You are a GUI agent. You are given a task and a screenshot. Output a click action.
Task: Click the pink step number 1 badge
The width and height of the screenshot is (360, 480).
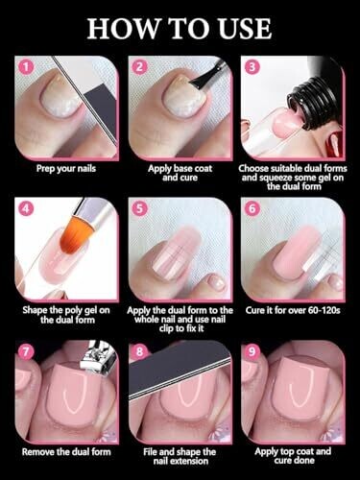(x=26, y=67)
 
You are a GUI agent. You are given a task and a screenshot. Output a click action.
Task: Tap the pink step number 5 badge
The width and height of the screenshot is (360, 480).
(x=139, y=208)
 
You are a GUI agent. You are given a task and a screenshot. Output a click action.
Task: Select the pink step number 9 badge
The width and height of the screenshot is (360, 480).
(x=252, y=351)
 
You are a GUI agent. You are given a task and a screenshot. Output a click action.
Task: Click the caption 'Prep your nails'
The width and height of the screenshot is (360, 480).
(x=66, y=168)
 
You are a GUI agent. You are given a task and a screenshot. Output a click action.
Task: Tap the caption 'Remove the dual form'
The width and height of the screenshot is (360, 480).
(x=66, y=452)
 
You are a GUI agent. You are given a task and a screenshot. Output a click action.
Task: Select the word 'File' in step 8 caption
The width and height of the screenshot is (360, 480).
(x=150, y=452)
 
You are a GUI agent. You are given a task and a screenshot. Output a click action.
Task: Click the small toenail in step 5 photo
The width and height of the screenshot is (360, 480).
(x=217, y=282)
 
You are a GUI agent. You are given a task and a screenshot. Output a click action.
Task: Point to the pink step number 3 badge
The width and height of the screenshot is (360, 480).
(x=252, y=67)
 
